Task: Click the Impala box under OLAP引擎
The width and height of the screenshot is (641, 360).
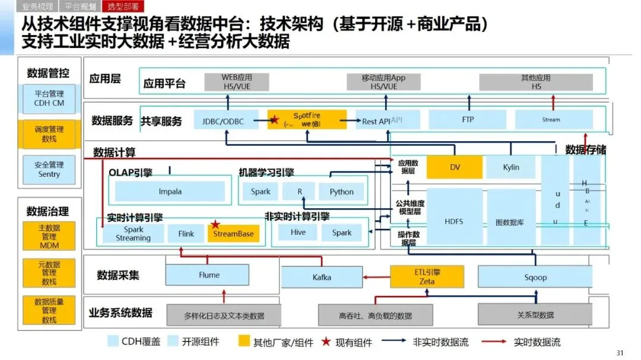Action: coord(170,192)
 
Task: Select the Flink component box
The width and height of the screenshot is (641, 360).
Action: coord(186,233)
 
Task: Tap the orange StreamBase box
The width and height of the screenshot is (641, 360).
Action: coord(234,233)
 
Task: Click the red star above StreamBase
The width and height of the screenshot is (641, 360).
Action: coord(215,225)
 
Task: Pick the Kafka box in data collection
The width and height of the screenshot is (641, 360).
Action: coord(322,277)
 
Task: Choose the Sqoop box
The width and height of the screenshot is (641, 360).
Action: coord(535,277)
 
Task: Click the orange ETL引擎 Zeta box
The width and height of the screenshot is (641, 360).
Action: coord(427,276)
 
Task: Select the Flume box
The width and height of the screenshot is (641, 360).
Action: coord(209,275)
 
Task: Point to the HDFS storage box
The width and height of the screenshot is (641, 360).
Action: coord(453,221)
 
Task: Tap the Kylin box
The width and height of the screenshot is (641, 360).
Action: coord(510,167)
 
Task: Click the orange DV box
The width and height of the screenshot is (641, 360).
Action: coord(455,167)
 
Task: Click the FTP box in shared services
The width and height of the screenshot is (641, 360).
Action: coord(468,119)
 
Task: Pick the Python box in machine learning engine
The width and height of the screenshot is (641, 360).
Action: coord(341,192)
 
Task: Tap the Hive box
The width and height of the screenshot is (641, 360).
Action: coord(298,232)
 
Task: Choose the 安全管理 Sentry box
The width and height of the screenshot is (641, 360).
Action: coord(49,170)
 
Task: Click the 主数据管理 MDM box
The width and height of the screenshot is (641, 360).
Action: coord(49,236)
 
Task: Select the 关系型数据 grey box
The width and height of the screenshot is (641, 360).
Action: coord(535,315)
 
